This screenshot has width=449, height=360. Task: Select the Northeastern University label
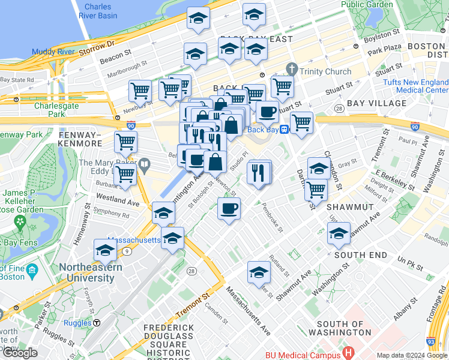[86, 272]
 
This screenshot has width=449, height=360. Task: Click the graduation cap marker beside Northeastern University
[105, 251]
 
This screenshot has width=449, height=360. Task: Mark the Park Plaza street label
[385, 52]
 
